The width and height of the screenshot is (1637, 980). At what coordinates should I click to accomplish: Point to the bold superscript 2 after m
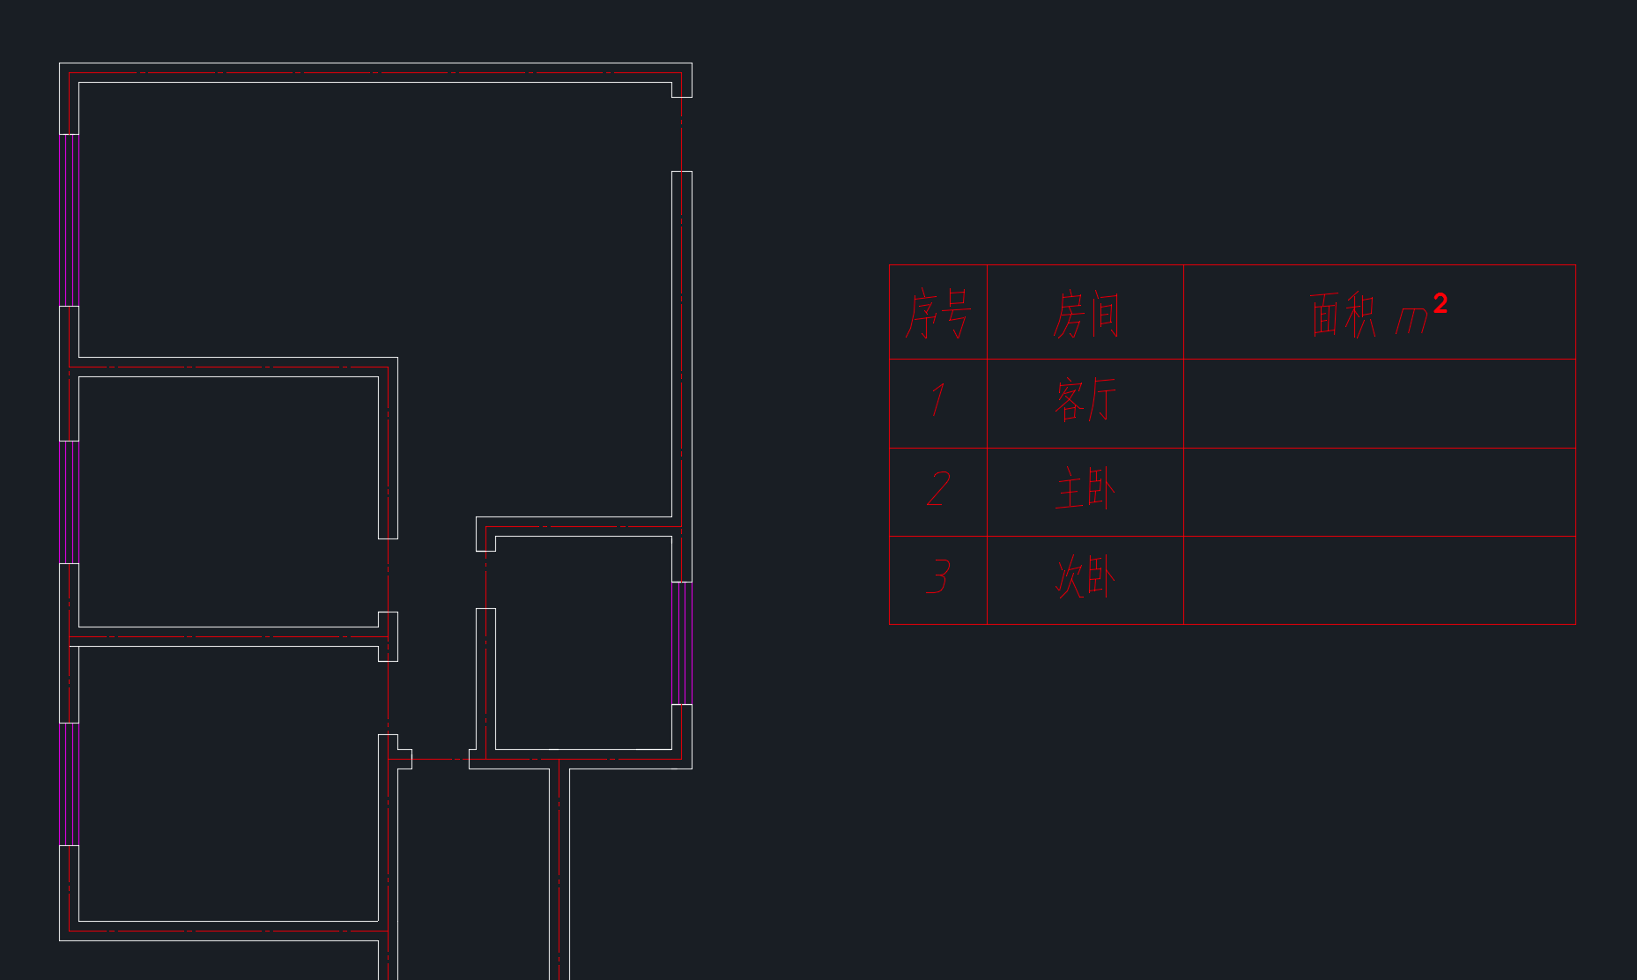click(x=1440, y=304)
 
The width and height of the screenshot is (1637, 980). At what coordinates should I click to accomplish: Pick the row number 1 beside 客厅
click(x=938, y=400)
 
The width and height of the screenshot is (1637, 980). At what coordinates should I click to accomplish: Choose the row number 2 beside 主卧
click(x=938, y=489)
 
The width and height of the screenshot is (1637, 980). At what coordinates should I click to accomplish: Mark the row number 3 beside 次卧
click(x=938, y=577)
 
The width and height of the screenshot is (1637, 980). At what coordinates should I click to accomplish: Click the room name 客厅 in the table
click(x=1085, y=400)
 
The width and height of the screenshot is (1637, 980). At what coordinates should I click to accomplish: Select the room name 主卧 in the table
click(x=1085, y=489)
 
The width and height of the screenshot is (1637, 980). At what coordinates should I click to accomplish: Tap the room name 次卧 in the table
click(x=1085, y=577)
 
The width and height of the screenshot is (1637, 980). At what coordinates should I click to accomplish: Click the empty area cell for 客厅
click(x=1379, y=404)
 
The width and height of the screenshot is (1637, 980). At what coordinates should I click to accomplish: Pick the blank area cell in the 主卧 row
click(x=1379, y=493)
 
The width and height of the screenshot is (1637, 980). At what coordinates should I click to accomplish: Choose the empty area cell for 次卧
click(x=1379, y=581)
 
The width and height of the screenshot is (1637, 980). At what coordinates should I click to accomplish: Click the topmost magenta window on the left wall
click(x=69, y=220)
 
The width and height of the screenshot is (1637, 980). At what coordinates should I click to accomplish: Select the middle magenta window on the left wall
click(x=69, y=502)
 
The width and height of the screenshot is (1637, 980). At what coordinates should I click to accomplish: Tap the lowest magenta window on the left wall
click(x=69, y=784)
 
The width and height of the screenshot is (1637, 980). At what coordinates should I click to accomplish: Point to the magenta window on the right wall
click(x=681, y=643)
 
